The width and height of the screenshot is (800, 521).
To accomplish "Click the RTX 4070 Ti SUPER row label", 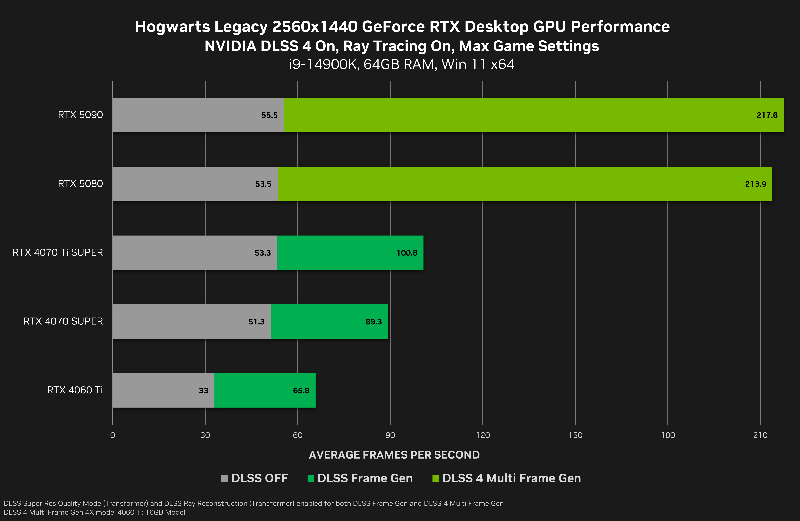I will click(x=58, y=252).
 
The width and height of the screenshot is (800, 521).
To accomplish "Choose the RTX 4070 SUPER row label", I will click(x=63, y=321).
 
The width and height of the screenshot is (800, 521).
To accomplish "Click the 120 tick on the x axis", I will click(x=483, y=435).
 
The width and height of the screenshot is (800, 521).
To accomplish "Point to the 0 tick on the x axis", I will click(x=113, y=435).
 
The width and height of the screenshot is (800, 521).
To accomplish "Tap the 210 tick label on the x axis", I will click(x=760, y=435).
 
